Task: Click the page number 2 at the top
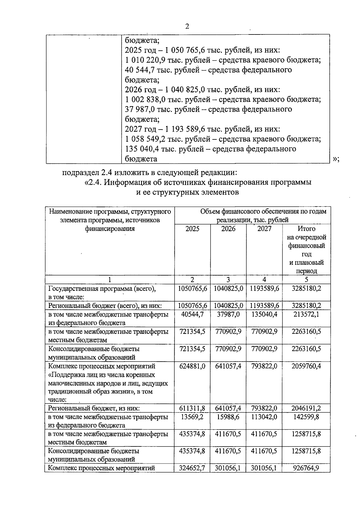[x=187, y=26]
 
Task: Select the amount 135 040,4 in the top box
[x=142, y=149]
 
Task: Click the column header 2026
[x=228, y=229]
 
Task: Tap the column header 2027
[x=264, y=229]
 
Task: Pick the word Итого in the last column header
[x=306, y=229]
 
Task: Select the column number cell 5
[x=306, y=280]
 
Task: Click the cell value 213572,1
[x=306, y=315]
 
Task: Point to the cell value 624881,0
[x=192, y=366]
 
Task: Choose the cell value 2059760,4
[x=306, y=366]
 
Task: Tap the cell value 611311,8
[x=192, y=408]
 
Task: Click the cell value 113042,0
[x=264, y=417]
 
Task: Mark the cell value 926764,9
[x=306, y=468]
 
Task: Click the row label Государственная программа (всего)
[x=102, y=289]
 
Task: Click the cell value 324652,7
[x=192, y=468]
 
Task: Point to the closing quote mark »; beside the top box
[x=336, y=159]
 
